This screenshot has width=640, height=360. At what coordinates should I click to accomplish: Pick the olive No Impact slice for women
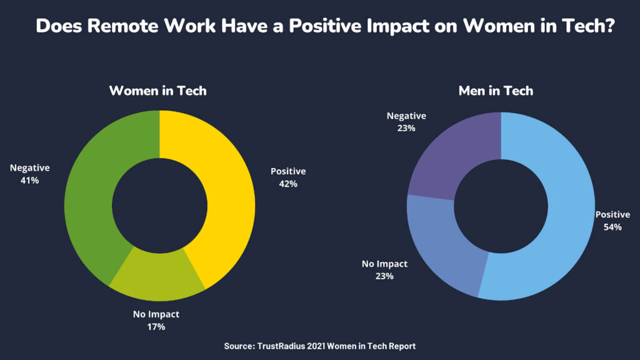tap(156, 275)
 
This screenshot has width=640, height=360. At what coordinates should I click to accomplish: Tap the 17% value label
tap(156, 326)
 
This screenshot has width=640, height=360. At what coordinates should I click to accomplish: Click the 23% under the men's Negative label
tap(406, 128)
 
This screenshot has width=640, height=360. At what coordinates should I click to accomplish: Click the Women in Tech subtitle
tap(157, 91)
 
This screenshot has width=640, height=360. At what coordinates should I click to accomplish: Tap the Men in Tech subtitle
tap(496, 91)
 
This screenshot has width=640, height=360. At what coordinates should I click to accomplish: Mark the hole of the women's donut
tap(159, 206)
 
